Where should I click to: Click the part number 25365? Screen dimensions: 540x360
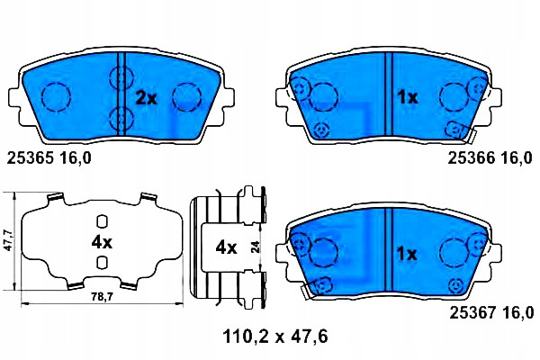31,158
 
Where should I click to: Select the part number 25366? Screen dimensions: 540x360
471,158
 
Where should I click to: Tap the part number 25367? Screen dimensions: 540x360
472,313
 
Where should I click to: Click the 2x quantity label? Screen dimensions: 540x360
146,99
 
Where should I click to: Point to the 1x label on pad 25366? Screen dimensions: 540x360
408,98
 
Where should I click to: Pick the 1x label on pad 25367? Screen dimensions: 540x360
407,255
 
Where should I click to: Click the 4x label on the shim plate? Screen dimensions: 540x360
102,243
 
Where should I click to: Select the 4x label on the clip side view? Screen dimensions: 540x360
226,247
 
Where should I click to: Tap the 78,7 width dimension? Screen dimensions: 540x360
103,297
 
